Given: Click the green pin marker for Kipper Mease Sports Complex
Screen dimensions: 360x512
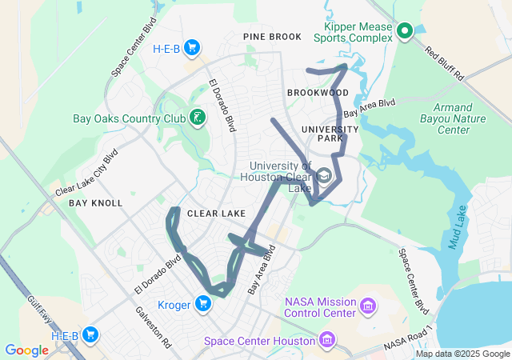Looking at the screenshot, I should coord(404,31).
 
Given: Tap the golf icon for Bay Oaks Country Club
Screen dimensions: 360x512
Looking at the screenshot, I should coord(197,119).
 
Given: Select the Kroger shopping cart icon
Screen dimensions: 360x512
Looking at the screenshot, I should coord(204,303).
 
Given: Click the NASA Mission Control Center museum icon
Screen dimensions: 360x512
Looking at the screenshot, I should coord(368,306).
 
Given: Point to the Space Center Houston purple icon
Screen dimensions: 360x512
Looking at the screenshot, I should coord(326,342).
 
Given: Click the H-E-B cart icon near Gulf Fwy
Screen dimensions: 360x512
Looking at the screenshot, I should coord(90,335).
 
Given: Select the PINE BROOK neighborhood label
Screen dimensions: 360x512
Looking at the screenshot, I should coord(273,37).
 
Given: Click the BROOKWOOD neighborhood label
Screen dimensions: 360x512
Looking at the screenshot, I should coord(318,93).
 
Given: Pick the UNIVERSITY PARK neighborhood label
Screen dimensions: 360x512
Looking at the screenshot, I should coord(330,134).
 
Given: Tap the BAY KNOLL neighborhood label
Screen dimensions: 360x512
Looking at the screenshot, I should coord(95,203).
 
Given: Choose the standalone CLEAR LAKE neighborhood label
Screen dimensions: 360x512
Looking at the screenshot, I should coord(216,214).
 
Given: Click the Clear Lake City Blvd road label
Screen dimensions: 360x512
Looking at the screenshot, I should coord(86,174).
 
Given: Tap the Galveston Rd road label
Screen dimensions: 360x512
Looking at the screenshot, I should coord(154,326).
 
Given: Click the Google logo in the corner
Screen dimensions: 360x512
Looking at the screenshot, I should coord(26,350).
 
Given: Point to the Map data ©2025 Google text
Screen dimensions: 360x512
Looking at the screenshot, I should coord(462,354).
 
